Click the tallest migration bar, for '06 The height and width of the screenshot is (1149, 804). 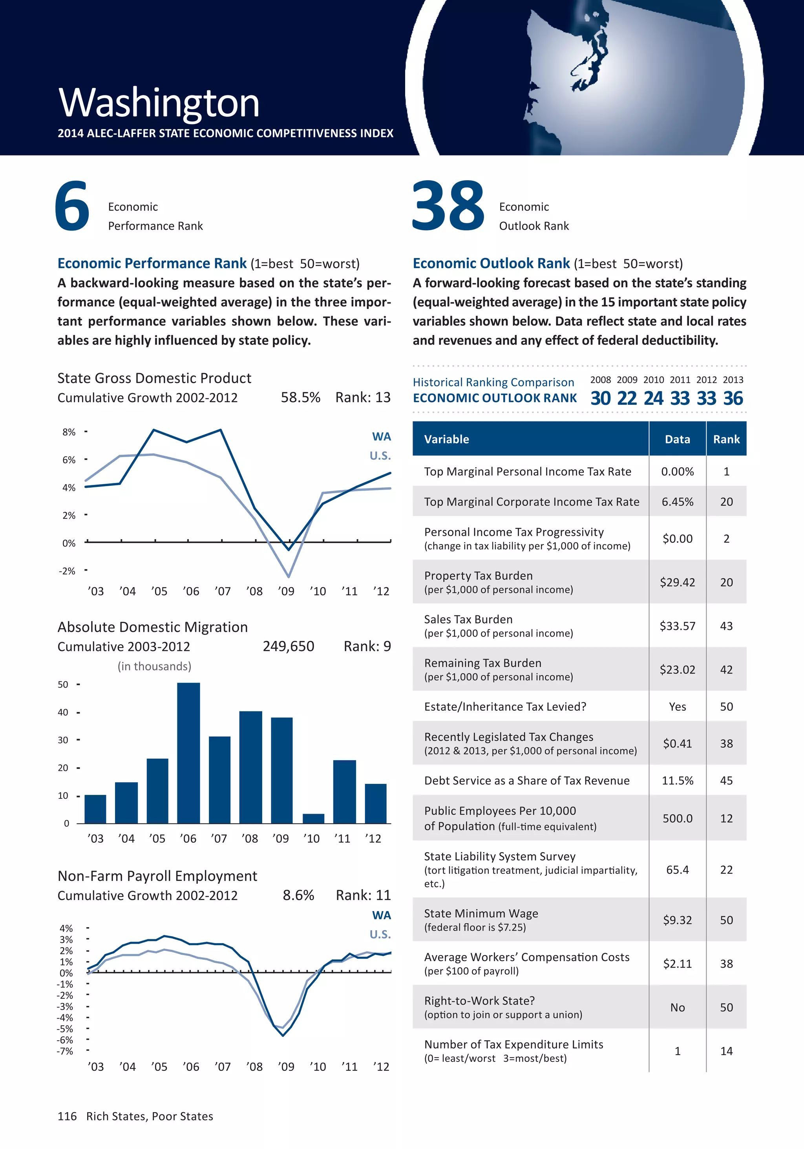188,753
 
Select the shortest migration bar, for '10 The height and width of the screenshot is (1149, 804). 313,818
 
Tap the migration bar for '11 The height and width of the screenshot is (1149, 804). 344,791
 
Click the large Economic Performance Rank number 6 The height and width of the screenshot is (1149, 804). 73,206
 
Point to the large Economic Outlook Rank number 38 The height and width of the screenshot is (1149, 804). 448,206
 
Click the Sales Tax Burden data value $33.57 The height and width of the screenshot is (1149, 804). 678,626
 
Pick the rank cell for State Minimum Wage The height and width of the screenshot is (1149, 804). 726,920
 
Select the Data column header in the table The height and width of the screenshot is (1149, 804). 678,439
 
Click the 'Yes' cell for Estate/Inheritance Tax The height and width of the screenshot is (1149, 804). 678,706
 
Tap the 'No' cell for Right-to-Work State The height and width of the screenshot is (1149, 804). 678,1007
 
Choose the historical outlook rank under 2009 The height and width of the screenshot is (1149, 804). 627,398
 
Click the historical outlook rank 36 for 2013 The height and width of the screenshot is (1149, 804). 733,398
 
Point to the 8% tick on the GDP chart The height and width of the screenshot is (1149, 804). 69,432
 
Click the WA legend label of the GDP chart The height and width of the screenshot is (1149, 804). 381,436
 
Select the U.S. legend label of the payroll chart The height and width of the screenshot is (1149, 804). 380,934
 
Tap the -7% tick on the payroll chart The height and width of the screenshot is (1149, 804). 65,1051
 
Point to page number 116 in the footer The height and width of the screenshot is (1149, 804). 67,1116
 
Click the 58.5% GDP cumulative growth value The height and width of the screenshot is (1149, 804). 300,397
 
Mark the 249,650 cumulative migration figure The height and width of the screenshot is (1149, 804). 289,646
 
